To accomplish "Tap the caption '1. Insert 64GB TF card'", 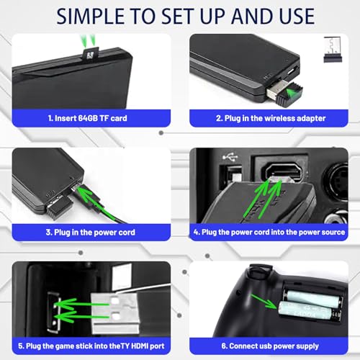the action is point(88,118).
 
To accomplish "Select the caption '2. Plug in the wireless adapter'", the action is point(271,118).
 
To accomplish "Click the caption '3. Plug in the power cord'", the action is point(91,233).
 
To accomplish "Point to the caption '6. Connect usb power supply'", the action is point(270,346).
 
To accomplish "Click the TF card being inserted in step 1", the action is point(91,54).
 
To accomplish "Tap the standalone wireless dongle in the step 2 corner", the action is point(333,50).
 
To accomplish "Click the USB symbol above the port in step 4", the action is point(230,157).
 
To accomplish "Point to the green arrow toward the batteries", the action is point(264,302).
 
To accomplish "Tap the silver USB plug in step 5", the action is point(114,312).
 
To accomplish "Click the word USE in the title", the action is point(297,17).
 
